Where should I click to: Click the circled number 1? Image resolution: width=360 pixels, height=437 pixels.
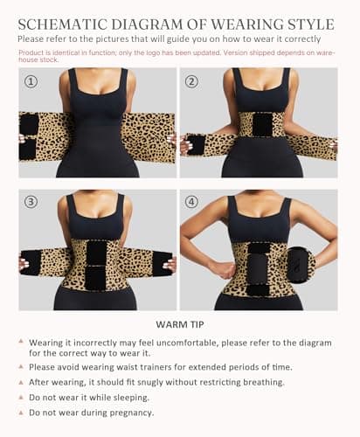coord(31,81)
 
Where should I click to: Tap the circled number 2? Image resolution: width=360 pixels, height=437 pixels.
coord(191,81)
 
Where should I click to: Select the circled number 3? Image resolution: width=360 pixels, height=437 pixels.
coord(31,202)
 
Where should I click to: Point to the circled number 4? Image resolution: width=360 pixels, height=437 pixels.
coord(191,202)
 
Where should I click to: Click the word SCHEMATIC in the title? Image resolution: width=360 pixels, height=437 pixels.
coord(63,24)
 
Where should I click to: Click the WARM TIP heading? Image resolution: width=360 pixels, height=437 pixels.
coord(180,324)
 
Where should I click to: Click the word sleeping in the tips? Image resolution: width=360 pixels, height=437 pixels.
coord(131,398)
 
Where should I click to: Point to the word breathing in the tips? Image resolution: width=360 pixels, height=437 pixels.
coord(264,382)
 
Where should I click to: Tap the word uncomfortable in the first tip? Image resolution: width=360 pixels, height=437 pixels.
coord(187,343)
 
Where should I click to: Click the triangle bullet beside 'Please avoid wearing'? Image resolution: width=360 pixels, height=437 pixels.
coord(21,366)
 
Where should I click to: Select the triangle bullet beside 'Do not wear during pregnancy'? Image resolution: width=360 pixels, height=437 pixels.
coord(21,413)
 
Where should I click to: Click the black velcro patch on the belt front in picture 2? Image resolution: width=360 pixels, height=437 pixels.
coord(263,124)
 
